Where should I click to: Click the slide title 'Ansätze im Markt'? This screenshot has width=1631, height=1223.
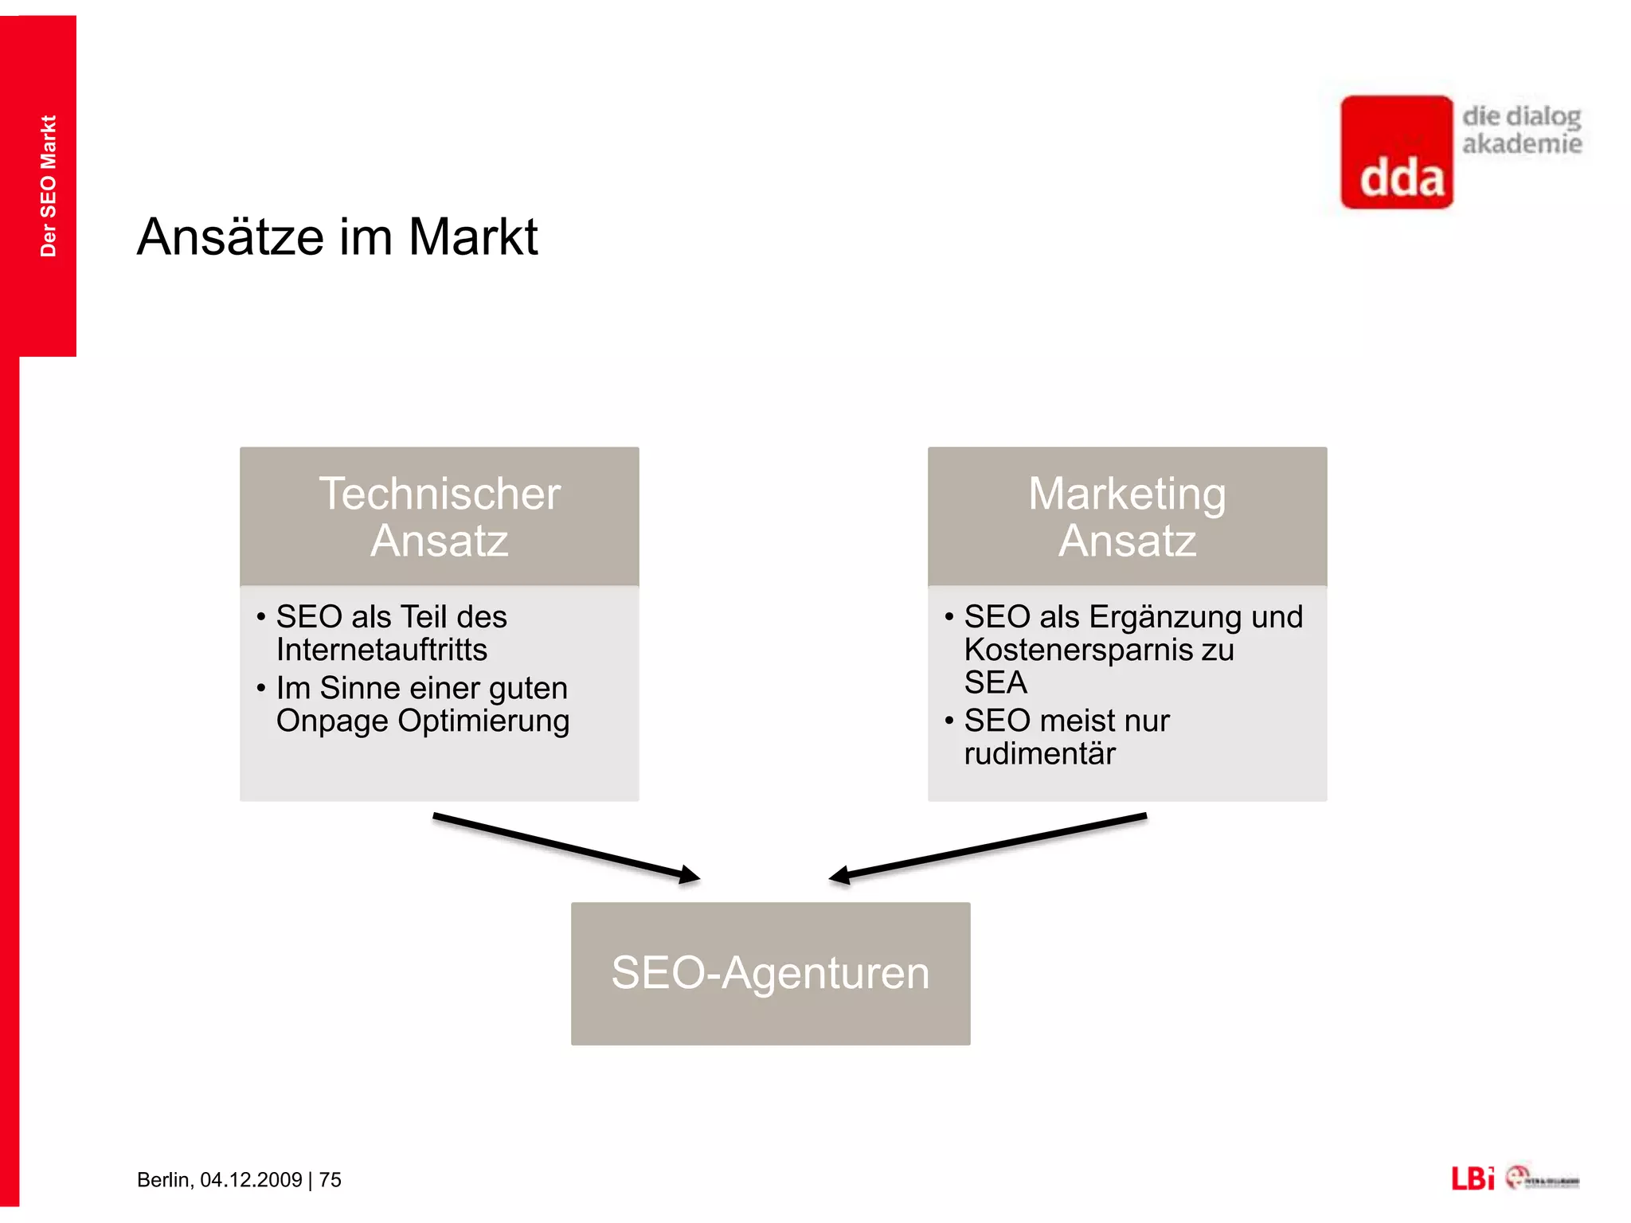click(x=337, y=236)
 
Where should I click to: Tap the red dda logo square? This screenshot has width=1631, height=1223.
click(x=1397, y=152)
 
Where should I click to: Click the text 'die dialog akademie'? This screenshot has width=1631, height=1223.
click(x=1521, y=130)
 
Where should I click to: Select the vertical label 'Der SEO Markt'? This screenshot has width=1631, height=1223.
click(x=49, y=186)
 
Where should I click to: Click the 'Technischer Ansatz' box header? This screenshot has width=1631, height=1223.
click(x=440, y=517)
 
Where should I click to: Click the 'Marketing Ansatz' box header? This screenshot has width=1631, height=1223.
click(x=1127, y=517)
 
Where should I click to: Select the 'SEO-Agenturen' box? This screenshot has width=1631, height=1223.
click(x=770, y=973)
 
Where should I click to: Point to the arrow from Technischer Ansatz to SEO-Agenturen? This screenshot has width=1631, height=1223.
click(x=565, y=846)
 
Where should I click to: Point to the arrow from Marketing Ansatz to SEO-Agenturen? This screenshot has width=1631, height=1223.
click(x=988, y=846)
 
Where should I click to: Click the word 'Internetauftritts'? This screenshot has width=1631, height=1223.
click(x=381, y=650)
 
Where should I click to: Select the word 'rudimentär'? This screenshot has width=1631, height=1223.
click(x=1039, y=753)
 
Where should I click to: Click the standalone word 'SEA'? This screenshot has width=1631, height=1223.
click(x=995, y=682)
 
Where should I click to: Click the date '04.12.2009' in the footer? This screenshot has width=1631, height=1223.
click(x=251, y=1180)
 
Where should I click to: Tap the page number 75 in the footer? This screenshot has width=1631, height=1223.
click(x=331, y=1180)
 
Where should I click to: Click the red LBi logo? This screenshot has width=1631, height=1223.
click(x=1473, y=1178)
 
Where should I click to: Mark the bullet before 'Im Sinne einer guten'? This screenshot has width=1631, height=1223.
click(x=260, y=688)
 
